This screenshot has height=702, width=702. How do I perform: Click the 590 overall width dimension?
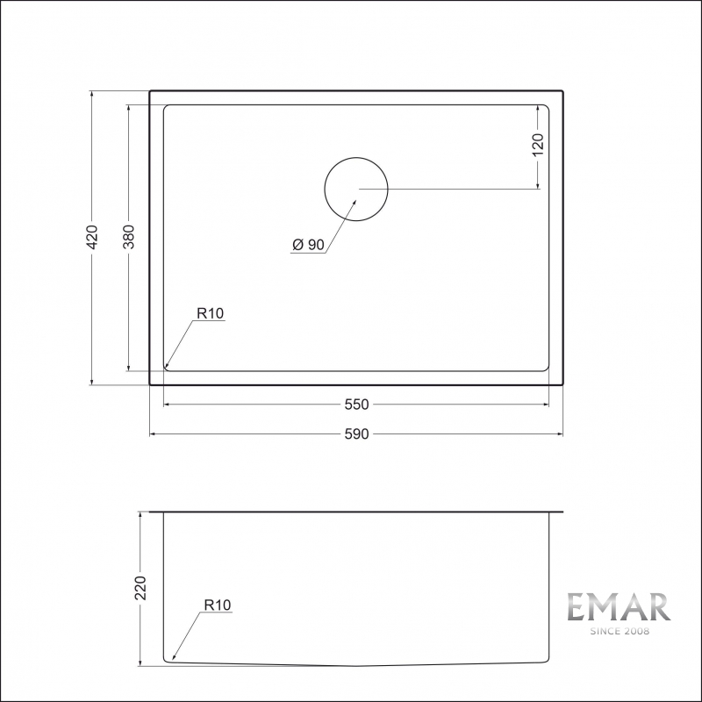[356, 433]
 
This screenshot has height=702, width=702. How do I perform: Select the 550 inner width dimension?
[356, 405]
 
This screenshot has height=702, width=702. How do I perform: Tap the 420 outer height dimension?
[92, 236]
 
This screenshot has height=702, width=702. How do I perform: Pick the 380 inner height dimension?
[128, 237]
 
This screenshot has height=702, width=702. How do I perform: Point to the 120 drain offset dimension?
[538, 143]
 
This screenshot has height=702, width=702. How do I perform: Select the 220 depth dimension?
[140, 587]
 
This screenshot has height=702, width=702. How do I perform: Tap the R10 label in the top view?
[211, 313]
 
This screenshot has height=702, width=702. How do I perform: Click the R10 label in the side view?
[216, 605]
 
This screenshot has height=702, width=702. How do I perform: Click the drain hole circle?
[356, 190]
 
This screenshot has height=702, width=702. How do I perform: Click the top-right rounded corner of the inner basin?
[545, 109]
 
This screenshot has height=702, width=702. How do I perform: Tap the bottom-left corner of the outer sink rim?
[151, 384]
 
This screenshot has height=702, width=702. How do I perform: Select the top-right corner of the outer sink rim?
[562, 91]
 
